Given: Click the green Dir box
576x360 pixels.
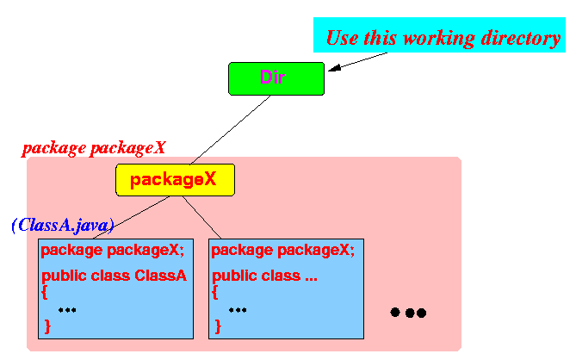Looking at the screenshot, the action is tap(276, 78).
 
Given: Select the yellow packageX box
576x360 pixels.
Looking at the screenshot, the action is tap(176, 180).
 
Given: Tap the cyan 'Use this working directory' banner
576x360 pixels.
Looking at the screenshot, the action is tap(439, 35).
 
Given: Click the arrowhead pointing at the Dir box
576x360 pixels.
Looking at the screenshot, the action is tap(334, 68).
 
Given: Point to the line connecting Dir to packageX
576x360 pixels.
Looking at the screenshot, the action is tap(231, 130).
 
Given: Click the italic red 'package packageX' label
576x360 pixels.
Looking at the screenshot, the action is tap(94, 148).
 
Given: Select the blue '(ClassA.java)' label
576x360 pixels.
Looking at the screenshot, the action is tap(63, 225).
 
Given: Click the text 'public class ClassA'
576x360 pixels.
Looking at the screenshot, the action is tap(114, 276).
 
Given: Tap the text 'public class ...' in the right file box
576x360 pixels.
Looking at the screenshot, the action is tap(264, 276).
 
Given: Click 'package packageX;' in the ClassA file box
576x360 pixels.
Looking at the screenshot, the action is tap(113, 251).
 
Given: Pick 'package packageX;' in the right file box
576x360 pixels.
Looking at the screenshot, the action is tap(283, 251).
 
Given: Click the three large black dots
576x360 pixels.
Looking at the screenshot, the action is tap(408, 313).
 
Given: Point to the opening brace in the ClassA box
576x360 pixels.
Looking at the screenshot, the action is tap(45, 293).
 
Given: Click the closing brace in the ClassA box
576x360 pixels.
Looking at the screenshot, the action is tap(47, 326).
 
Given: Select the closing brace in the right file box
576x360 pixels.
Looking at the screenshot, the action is tap(218, 326).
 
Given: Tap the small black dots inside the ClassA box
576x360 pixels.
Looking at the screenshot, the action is tap(67, 310).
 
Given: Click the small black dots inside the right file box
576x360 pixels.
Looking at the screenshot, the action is tap(238, 310).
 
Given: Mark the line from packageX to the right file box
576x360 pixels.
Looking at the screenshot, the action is tap(201, 218).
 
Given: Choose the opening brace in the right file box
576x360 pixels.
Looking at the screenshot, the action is tap(215, 293).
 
